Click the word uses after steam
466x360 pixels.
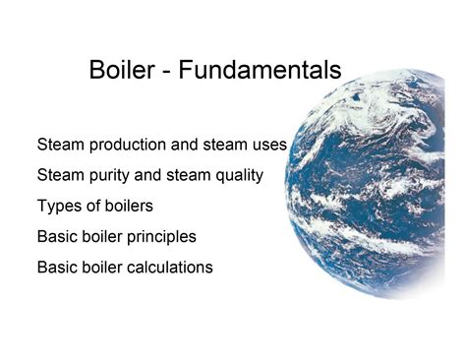click(x=267, y=146)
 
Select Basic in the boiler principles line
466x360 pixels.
click(x=58, y=237)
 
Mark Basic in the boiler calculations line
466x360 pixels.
click(x=58, y=267)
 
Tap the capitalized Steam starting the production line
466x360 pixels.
click(x=61, y=146)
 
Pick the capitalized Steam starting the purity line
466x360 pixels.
click(x=61, y=176)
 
